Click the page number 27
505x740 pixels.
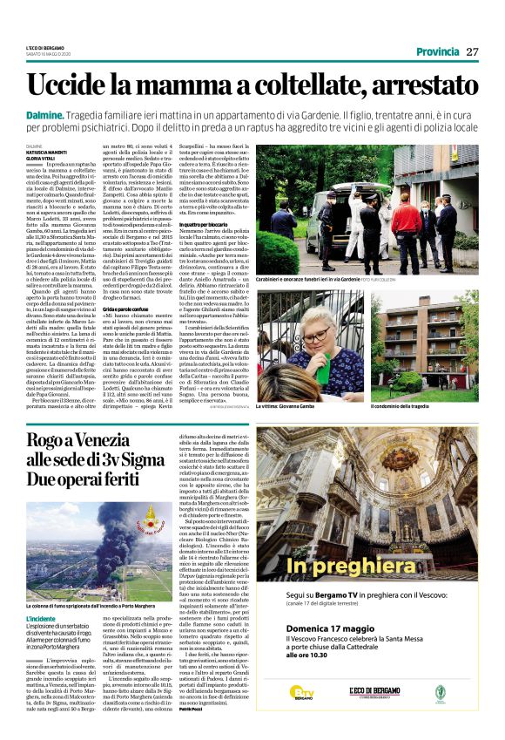point(473,52)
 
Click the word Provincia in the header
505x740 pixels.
point(438,52)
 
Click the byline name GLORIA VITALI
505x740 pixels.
point(42,157)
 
